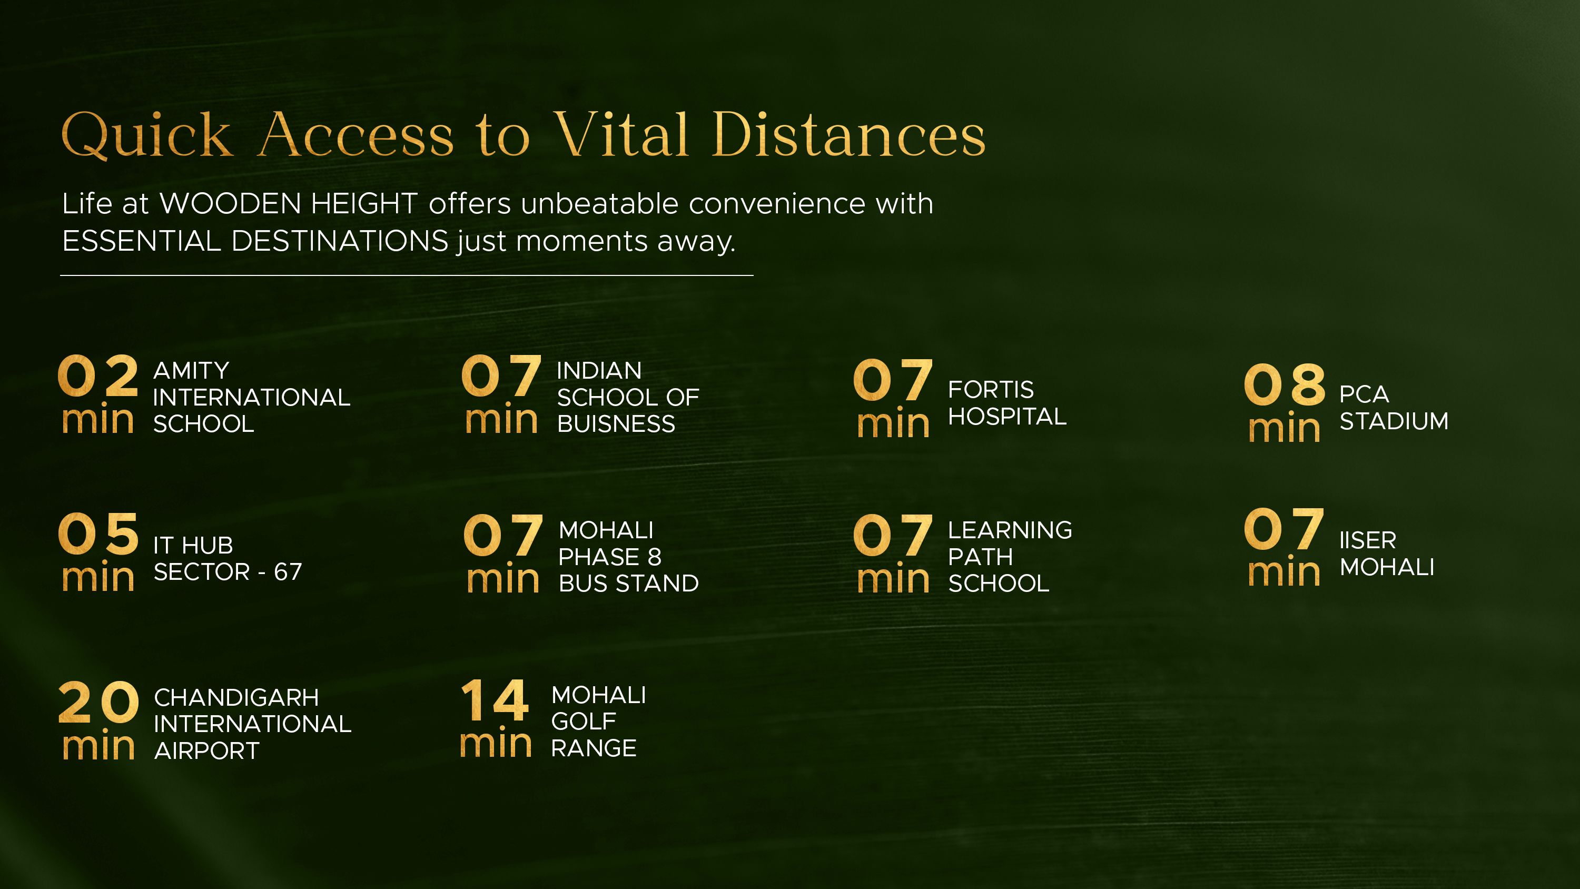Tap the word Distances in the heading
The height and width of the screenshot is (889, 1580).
(x=848, y=134)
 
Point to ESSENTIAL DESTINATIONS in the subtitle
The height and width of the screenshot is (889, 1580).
(x=255, y=241)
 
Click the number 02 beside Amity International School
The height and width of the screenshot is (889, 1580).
(x=98, y=376)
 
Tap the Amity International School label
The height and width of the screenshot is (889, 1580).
(x=251, y=397)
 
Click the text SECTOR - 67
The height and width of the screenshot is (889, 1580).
(x=228, y=572)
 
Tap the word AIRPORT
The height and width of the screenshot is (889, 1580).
(x=206, y=751)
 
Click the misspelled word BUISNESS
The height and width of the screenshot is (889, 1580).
(x=616, y=424)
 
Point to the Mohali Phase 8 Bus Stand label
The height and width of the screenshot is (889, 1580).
(x=629, y=557)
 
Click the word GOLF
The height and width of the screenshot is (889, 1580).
(x=584, y=722)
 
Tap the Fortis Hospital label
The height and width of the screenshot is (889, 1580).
(x=1007, y=403)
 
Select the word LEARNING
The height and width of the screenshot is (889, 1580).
(x=1010, y=530)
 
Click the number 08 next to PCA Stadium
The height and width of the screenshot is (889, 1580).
(x=1285, y=384)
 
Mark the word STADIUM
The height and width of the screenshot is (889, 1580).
(x=1394, y=421)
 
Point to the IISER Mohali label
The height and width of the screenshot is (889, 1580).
(x=1387, y=554)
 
